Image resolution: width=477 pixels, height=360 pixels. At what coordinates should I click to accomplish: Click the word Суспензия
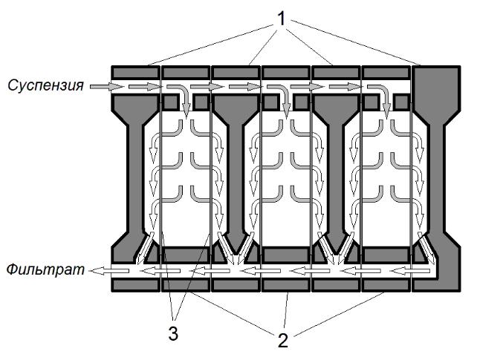click(45, 85)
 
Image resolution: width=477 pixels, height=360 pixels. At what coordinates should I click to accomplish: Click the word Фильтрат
click(45, 269)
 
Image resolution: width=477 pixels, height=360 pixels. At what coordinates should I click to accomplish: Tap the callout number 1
click(282, 19)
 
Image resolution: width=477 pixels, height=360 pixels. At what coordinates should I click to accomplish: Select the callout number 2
click(283, 340)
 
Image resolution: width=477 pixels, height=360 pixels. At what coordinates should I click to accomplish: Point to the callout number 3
click(173, 334)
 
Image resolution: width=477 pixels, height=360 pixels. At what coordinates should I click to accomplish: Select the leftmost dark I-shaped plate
click(134, 179)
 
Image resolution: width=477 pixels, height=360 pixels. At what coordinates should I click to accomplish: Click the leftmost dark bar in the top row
click(135, 73)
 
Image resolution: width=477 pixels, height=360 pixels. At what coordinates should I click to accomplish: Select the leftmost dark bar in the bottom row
click(135, 286)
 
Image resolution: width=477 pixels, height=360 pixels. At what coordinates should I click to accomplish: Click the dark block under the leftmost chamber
click(186, 255)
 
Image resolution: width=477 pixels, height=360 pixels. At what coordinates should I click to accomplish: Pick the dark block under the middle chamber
click(286, 255)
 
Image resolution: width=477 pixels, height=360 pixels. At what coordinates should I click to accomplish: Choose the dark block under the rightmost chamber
click(386, 255)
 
